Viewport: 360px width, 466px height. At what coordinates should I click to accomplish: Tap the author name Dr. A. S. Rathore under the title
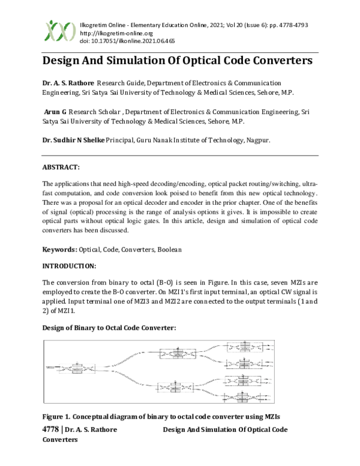coord(68,82)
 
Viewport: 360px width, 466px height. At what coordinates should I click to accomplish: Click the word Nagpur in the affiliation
coord(257,140)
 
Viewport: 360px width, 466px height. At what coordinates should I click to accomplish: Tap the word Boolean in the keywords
coord(169,249)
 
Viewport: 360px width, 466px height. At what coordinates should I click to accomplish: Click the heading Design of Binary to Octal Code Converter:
coord(109,327)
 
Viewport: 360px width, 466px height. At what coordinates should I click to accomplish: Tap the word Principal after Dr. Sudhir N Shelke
coord(122,140)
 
